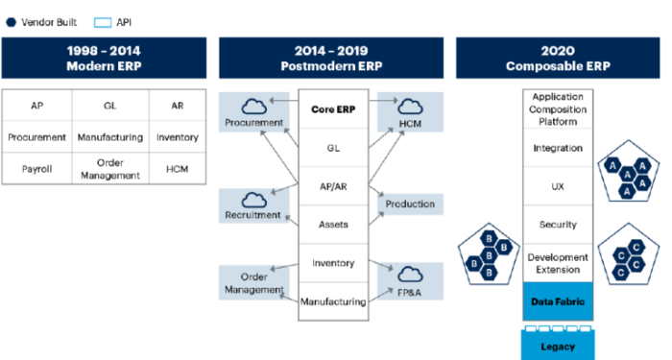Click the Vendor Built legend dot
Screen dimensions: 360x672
[x=10, y=20]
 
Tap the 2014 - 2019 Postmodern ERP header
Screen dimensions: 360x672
[x=332, y=59]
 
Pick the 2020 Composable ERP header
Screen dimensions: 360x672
[x=562, y=59]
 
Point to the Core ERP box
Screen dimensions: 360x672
[x=333, y=109]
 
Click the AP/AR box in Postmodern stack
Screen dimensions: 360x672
[x=333, y=186]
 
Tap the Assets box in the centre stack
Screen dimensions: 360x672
[x=333, y=225]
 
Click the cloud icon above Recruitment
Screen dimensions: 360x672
[x=254, y=199]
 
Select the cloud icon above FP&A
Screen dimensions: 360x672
[x=410, y=274]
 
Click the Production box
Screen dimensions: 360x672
[x=410, y=204]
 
